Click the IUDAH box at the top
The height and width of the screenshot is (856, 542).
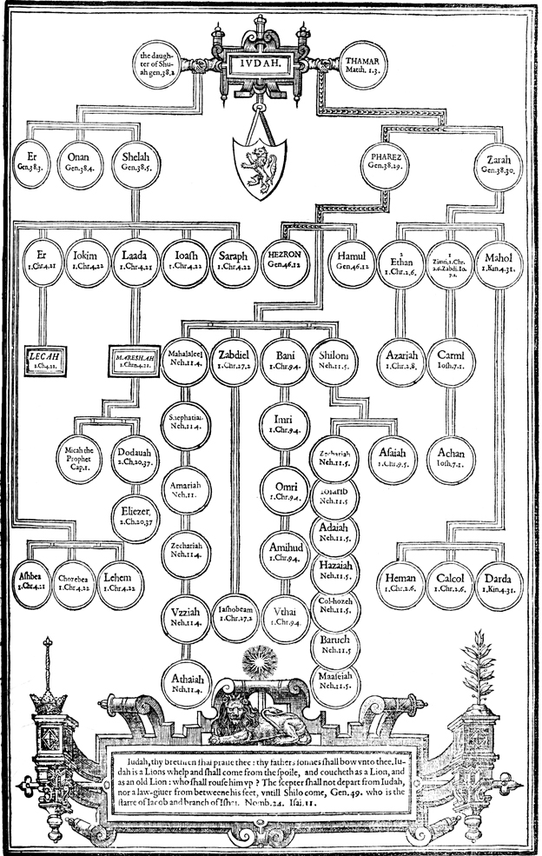tap(266, 62)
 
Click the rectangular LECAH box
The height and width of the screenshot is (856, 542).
tap(43, 358)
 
